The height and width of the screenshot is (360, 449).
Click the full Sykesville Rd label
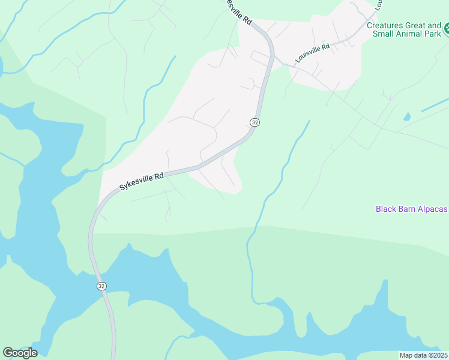[142, 181]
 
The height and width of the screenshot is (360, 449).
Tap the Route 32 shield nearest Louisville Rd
[255, 122]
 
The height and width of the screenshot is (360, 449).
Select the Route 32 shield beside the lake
[101, 286]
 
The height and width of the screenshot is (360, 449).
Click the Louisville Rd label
[313, 53]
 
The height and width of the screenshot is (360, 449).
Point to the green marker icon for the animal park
[446, 28]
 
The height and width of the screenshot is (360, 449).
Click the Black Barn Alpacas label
[412, 209]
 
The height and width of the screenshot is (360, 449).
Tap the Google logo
[20, 353]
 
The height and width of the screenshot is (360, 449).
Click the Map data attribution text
[423, 355]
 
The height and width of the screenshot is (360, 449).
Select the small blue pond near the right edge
[407, 116]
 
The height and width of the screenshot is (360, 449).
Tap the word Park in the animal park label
[432, 34]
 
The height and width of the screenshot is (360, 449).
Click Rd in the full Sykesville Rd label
[159, 177]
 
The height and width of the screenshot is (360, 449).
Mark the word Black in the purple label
[385, 209]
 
